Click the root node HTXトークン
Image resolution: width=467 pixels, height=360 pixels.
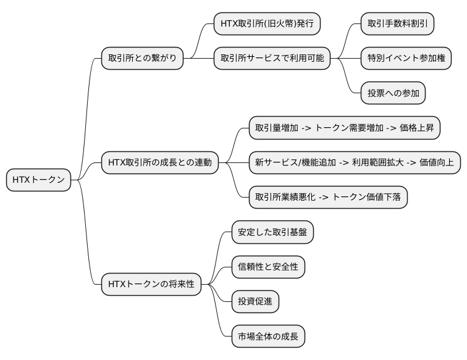pyautogui.click(x=38, y=180)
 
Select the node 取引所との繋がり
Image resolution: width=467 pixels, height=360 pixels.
pyautogui.click(x=142, y=59)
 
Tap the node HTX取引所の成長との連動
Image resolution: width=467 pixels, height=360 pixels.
pyautogui.click(x=159, y=162)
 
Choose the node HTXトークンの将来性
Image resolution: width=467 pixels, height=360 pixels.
pyautogui.click(x=151, y=284)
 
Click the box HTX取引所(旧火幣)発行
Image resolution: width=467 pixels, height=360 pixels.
pyautogui.click(x=267, y=23)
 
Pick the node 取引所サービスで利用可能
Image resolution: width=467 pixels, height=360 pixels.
pyautogui.click(x=271, y=59)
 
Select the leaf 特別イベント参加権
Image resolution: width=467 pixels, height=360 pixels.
pyautogui.click(x=405, y=59)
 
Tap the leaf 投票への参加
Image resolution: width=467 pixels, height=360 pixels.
pyautogui.click(x=393, y=93)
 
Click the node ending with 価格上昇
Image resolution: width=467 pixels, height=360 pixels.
pyautogui.click(x=344, y=128)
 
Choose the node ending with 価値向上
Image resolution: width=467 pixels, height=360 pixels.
pyautogui.click(x=354, y=162)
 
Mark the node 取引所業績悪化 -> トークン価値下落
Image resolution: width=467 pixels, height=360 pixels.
pyautogui.click(x=327, y=197)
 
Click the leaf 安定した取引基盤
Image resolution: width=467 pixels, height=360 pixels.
pyautogui.click(x=272, y=232)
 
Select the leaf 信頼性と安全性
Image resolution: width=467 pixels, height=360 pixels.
pyautogui.click(x=267, y=267)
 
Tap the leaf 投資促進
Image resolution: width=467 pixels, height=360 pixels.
pyautogui.click(x=255, y=302)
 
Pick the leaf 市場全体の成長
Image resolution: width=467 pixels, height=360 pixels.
pyautogui.click(x=267, y=337)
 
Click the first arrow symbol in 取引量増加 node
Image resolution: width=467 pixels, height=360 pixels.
pyautogui.click(x=306, y=128)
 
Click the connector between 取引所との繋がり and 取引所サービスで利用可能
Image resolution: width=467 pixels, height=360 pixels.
pyautogui.click(x=198, y=59)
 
